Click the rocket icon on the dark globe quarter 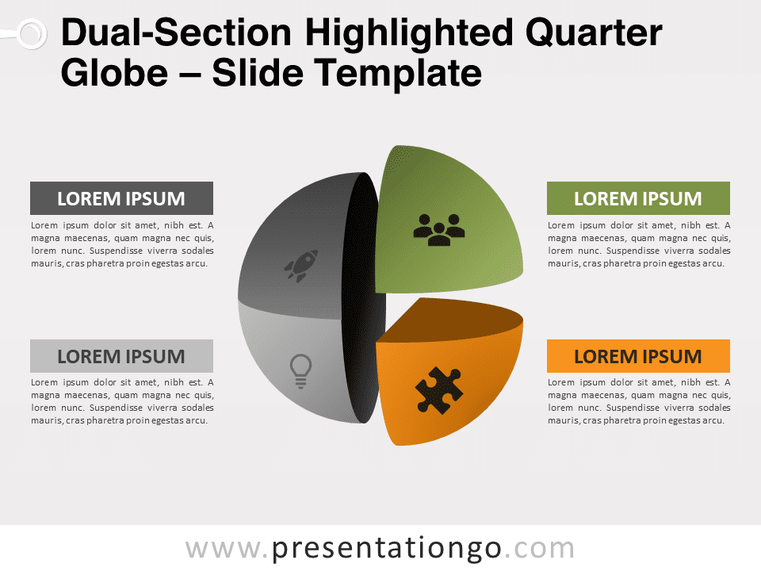(301, 266)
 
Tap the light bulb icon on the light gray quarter (300, 371)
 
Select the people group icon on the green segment (438, 230)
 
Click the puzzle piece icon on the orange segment (438, 390)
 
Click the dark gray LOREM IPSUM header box (121, 198)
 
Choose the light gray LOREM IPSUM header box (121, 356)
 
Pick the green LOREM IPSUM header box (638, 198)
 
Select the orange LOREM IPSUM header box (638, 356)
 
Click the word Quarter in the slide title (594, 33)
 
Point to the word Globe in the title (114, 73)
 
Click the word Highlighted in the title (409, 34)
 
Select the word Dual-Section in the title (176, 33)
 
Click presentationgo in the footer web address (386, 549)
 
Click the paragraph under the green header (639, 244)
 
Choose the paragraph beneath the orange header (639, 401)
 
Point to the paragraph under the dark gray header (122, 244)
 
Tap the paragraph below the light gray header (122, 401)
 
